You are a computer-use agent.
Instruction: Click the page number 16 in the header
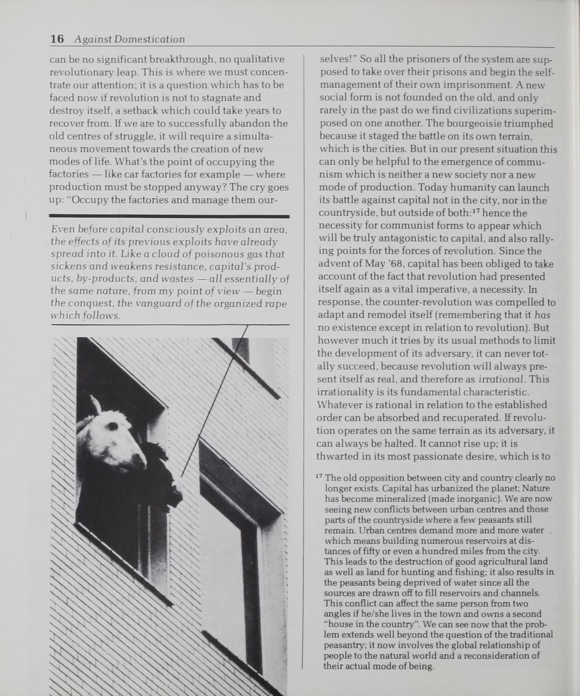[x=57, y=39]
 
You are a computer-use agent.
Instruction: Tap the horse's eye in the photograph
[x=111, y=426]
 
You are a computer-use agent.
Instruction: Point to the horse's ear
[x=96, y=405]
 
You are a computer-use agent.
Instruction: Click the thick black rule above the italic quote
[x=169, y=216]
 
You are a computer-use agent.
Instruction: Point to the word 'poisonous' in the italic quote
[x=206, y=254]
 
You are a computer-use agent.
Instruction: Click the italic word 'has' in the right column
[x=542, y=315]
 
